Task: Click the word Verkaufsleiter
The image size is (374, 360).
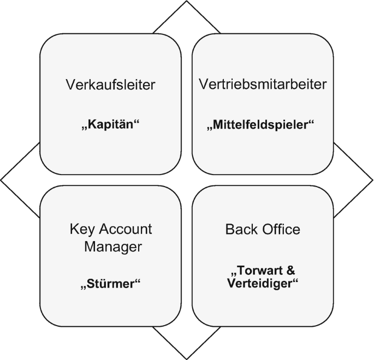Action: click(x=110, y=85)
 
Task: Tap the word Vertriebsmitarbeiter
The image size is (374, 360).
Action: click(x=263, y=85)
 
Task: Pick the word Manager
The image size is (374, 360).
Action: click(x=112, y=246)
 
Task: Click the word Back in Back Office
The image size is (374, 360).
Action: click(x=240, y=229)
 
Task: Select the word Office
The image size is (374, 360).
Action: click(x=280, y=229)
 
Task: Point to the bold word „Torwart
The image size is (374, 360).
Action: click(x=256, y=271)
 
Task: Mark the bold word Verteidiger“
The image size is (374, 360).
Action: click(x=263, y=283)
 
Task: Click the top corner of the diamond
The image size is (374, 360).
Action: click(x=187, y=2)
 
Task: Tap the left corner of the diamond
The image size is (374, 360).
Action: click(x=2, y=180)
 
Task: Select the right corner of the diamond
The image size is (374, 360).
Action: click(x=372, y=180)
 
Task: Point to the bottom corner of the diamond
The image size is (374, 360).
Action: click(x=187, y=358)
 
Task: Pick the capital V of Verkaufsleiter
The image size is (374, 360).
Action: click(x=69, y=85)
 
